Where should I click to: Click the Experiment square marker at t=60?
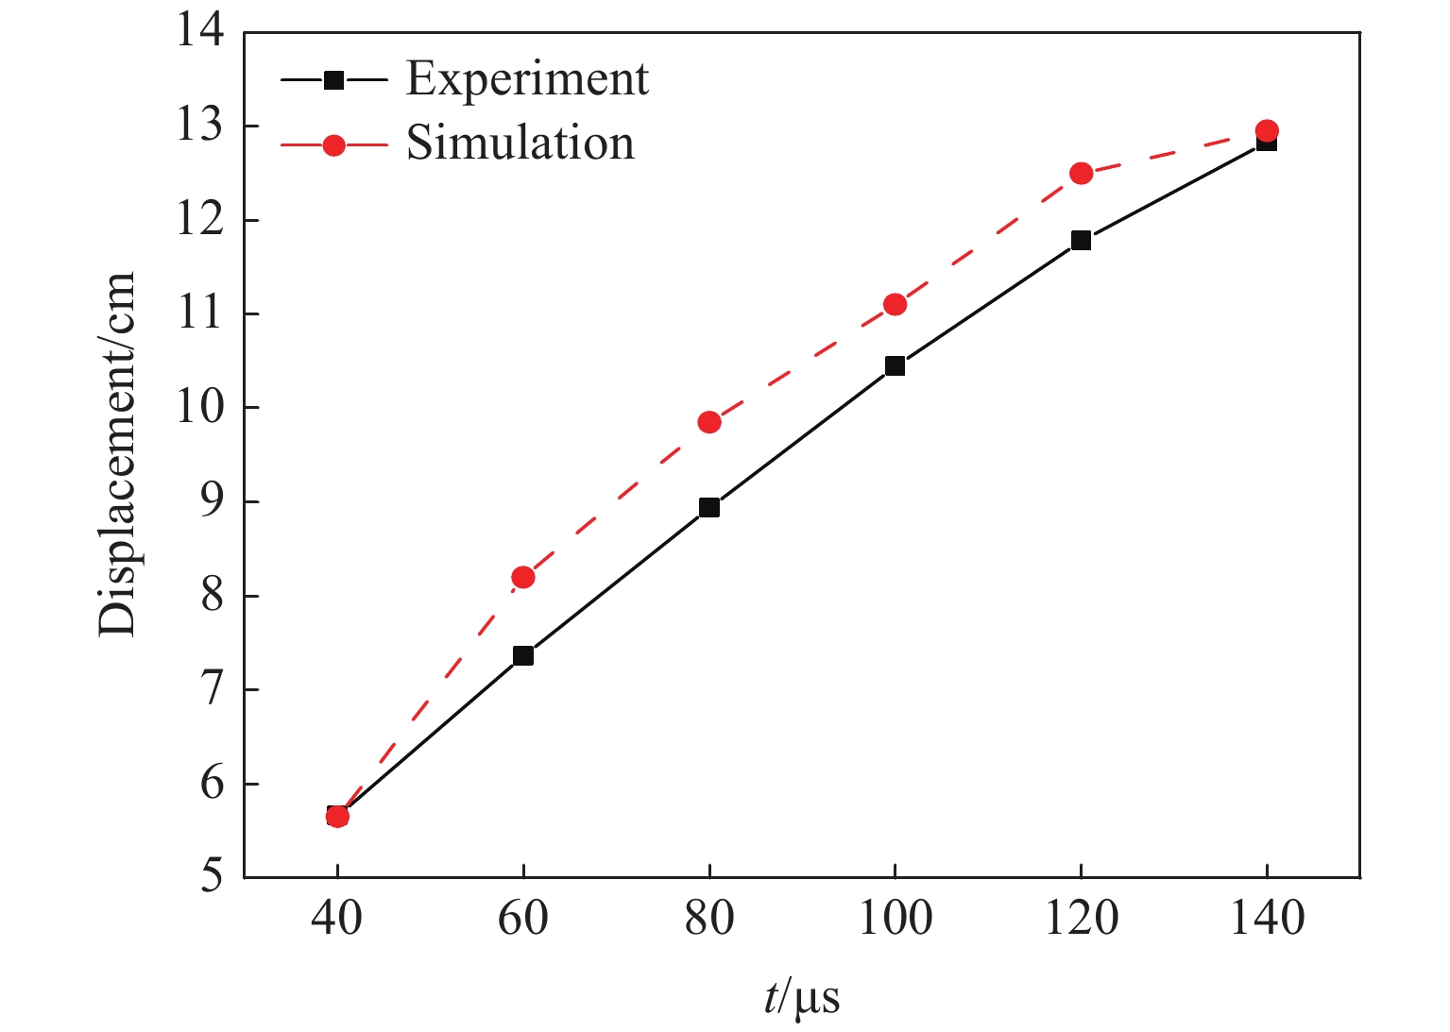(523, 655)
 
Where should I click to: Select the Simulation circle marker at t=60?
(523, 577)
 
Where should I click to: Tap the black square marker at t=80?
(709, 508)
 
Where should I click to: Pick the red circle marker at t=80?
(709, 422)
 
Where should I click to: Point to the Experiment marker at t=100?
(895, 365)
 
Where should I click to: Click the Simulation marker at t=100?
(895, 304)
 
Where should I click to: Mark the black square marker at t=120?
(1081, 240)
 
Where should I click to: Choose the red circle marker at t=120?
(1081, 173)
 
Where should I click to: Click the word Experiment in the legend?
(527, 79)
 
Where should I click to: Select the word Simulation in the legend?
(520, 144)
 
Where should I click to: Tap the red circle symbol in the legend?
(334, 145)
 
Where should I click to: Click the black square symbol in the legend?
(334, 80)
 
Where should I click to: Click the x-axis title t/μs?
(802, 998)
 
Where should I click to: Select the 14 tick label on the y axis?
(200, 32)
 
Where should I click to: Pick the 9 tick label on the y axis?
(213, 502)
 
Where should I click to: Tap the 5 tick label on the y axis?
(213, 877)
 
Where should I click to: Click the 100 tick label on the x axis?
(895, 918)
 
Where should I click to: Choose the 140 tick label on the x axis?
(1267, 918)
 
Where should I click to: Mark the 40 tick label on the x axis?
(337, 918)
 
